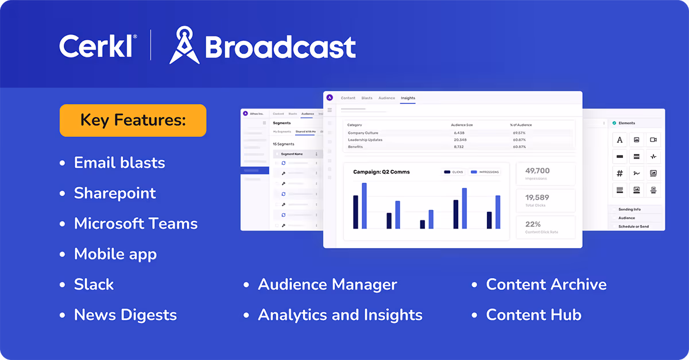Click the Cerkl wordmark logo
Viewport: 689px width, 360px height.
click(98, 46)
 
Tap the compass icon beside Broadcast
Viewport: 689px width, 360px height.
click(184, 45)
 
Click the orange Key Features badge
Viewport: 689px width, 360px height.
click(133, 121)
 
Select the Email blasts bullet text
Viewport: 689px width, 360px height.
click(119, 162)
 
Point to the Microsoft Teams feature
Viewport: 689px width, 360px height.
click(136, 223)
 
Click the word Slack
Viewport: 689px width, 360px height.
click(94, 284)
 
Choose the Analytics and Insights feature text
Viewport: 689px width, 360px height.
click(340, 315)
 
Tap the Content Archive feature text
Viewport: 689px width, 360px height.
click(546, 284)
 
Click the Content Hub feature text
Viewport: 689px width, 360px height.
click(533, 315)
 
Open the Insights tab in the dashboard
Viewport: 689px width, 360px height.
click(408, 98)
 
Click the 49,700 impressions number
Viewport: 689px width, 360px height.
click(537, 171)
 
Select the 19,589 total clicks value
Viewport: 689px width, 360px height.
click(537, 198)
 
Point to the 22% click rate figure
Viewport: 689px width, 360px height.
click(533, 224)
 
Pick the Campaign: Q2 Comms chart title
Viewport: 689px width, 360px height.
click(381, 172)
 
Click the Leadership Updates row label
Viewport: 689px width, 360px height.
click(365, 140)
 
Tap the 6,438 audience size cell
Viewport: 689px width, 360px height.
click(459, 133)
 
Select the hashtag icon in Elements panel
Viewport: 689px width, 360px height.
click(620, 173)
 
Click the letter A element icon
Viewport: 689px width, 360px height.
click(620, 140)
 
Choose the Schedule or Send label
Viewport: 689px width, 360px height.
click(633, 226)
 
